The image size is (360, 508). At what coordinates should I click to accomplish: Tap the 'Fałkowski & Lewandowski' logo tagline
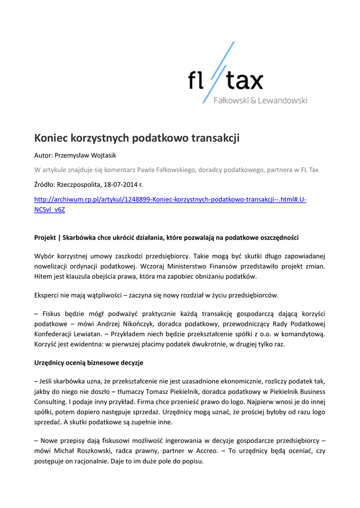pyautogui.click(x=260, y=101)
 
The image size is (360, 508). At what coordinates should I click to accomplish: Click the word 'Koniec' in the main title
pyautogui.click(x=52, y=138)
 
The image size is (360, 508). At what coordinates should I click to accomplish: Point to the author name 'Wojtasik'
pyautogui.click(x=102, y=155)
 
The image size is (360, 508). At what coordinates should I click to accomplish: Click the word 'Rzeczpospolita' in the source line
pyautogui.click(x=79, y=185)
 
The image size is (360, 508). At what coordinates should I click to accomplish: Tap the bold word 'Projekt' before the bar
pyautogui.click(x=45, y=238)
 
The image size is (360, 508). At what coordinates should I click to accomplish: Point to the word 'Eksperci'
pyautogui.click(x=48, y=295)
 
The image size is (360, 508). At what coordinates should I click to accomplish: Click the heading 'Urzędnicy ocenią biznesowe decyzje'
pyautogui.click(x=89, y=363)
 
